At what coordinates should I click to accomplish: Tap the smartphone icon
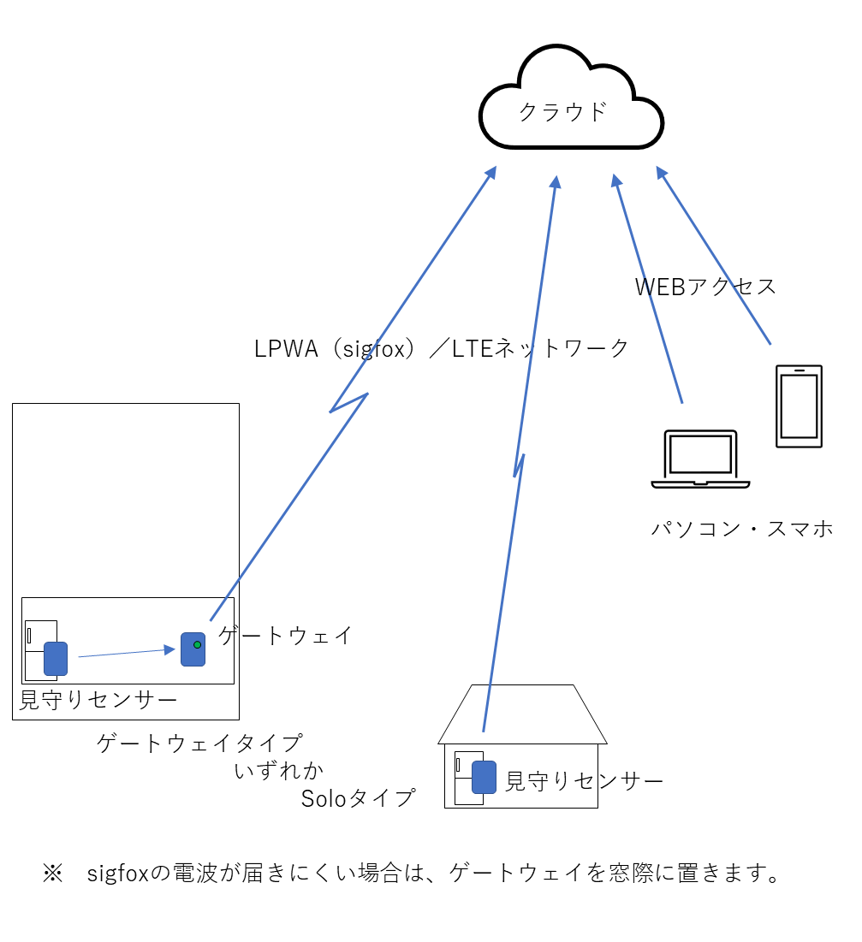coord(798,406)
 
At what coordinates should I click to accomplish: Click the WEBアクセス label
coord(705,287)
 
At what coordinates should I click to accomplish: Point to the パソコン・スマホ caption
coord(741,529)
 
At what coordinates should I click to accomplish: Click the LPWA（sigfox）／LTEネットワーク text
coord(442,348)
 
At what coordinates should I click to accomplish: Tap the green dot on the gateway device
coord(198,644)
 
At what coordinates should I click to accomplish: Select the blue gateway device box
coord(192,649)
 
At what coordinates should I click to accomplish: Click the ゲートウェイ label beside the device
coord(285,635)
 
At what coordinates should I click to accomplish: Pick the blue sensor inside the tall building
coord(56,658)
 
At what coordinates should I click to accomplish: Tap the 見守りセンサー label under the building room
coord(98,701)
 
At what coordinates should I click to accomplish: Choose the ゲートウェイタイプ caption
coord(199,743)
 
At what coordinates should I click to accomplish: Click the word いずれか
coord(279,771)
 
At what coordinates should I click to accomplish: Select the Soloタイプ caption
coord(358,798)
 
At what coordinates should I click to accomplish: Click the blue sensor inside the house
coord(485,777)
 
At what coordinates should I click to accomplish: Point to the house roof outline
coord(522,714)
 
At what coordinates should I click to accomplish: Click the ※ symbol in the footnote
coord(53,874)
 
